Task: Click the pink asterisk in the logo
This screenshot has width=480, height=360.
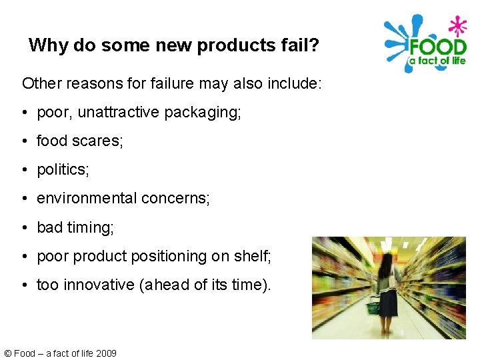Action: [457, 26]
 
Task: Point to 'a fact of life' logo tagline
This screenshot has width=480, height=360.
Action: [437, 61]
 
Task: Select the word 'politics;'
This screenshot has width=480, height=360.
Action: [63, 170]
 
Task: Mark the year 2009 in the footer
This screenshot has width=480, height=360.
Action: [106, 353]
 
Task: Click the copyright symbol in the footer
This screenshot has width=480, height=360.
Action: [7, 353]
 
